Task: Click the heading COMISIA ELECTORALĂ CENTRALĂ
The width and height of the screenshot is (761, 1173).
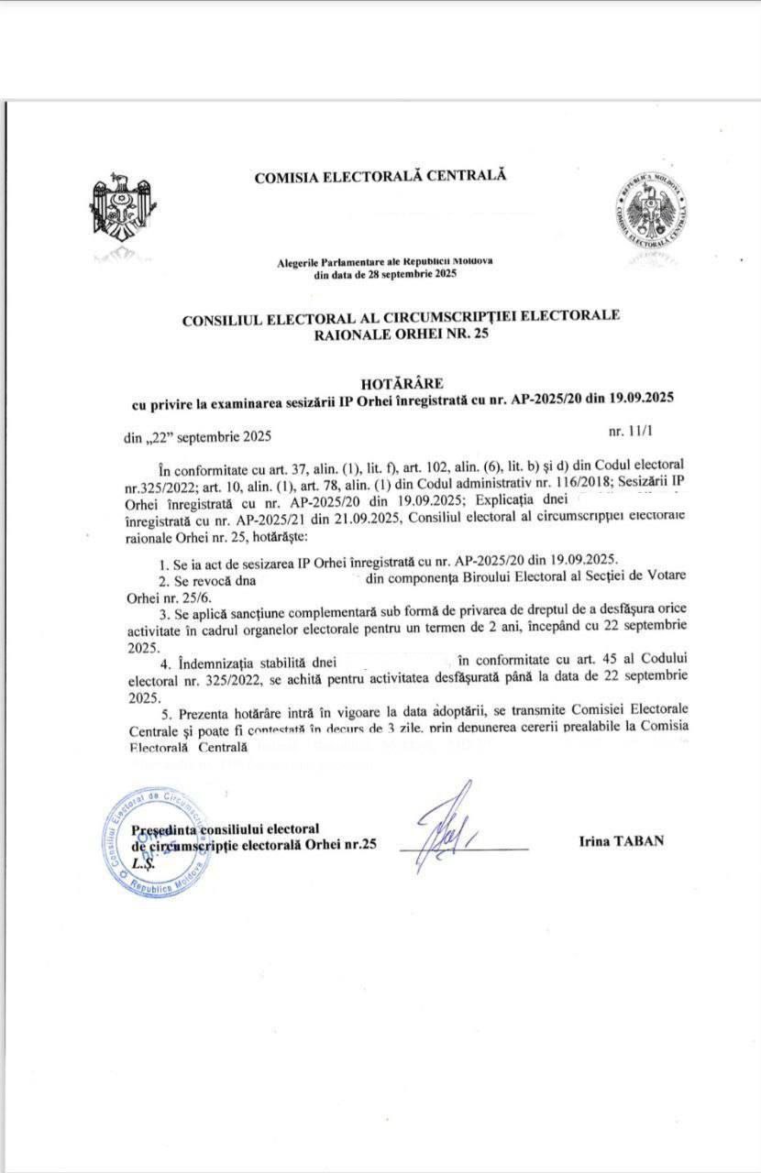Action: pyautogui.click(x=380, y=177)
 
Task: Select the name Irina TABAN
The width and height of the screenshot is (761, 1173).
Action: pyautogui.click(x=620, y=840)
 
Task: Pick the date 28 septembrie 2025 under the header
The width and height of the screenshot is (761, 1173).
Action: pyautogui.click(x=409, y=273)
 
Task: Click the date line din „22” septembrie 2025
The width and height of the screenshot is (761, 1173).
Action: pyautogui.click(x=198, y=438)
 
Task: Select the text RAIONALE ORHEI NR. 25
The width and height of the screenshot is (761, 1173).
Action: pyautogui.click(x=401, y=334)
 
